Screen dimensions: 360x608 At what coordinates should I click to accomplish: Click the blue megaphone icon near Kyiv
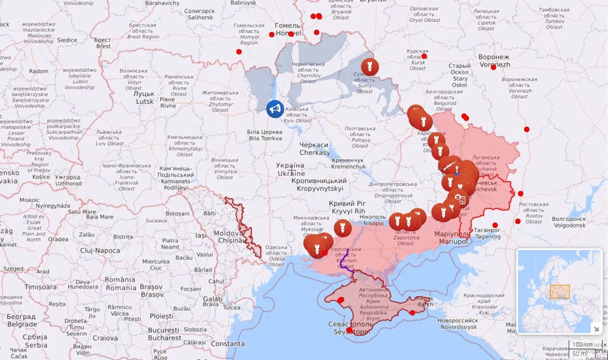tap(275, 109)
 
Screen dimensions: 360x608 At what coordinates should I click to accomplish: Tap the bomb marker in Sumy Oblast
tap(369, 67)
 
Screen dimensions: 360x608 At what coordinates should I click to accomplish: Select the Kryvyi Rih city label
tap(347, 207)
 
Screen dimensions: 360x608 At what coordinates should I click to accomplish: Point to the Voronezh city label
tap(494, 61)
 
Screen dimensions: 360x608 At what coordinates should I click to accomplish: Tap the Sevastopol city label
tap(349, 328)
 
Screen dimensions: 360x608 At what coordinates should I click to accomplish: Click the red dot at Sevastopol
tap(349, 330)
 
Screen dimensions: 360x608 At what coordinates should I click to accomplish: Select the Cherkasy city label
tap(314, 149)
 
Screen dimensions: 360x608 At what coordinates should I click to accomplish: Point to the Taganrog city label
tap(486, 233)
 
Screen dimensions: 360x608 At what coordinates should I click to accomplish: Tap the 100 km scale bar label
tap(582, 344)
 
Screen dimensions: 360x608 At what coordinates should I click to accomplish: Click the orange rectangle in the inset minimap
tap(560, 292)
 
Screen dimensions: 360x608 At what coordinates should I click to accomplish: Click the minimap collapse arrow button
tap(595, 328)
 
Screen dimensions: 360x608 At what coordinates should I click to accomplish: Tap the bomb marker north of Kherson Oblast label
tap(342, 228)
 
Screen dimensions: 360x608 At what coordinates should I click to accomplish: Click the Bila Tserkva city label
tap(265, 135)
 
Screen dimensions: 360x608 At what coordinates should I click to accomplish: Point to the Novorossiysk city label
tap(457, 324)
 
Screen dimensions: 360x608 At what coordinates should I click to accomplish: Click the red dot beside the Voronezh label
tap(493, 67)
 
